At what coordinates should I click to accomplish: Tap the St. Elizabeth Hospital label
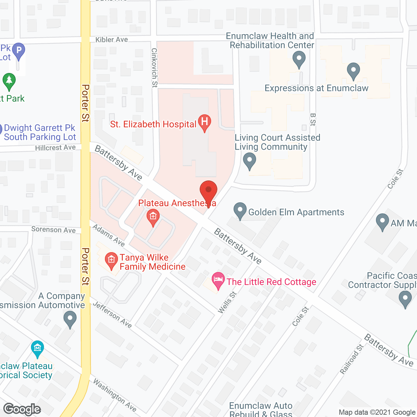tap(153, 124)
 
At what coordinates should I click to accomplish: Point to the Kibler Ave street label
tap(111, 40)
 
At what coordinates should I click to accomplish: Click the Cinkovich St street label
tap(154, 68)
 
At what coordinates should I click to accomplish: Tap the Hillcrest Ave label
tap(55, 148)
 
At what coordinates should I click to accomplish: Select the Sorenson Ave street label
tap(53, 230)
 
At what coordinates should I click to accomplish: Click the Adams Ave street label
tap(108, 235)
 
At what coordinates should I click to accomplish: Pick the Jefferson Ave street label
tap(112, 315)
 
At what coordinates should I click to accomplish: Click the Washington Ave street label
tap(115, 395)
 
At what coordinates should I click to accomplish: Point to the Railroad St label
tap(352, 359)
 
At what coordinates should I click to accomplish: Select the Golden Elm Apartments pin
tap(240, 210)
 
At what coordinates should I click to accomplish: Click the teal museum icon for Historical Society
tap(37, 348)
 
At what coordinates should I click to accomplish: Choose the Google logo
tap(22, 409)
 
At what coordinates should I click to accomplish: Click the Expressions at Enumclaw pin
tap(353, 70)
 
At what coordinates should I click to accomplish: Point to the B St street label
tap(313, 120)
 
